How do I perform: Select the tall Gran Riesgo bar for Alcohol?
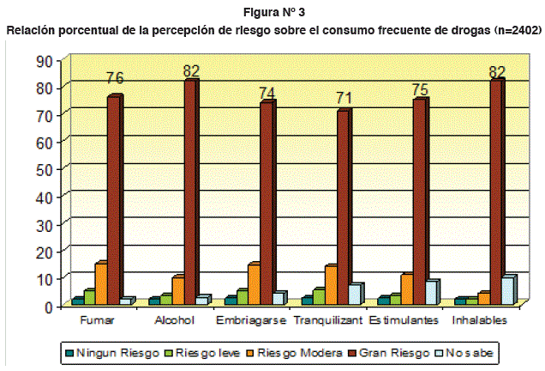pyautogui.click(x=190, y=189)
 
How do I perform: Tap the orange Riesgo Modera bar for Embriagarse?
pyautogui.click(x=254, y=283)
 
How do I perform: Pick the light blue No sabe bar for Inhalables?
pyautogui.click(x=507, y=289)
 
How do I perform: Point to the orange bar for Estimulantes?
pyautogui.click(x=406, y=288)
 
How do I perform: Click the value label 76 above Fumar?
pyautogui.click(x=115, y=78)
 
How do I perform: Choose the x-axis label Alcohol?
pyautogui.click(x=175, y=319)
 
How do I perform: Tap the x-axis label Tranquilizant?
pyautogui.click(x=328, y=319)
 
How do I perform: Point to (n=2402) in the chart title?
pyautogui.click(x=512, y=29)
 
